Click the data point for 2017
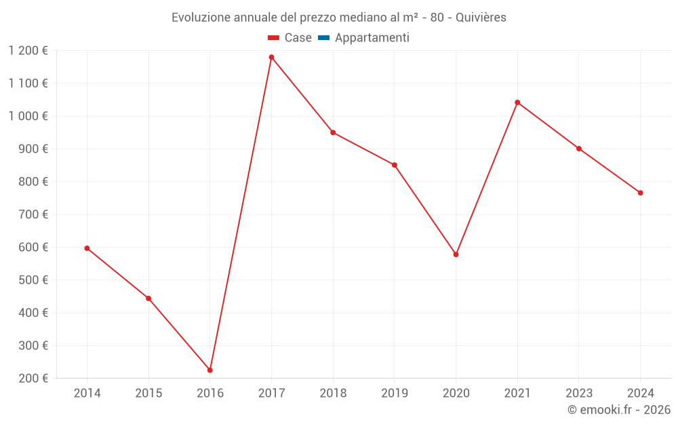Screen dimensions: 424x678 click(x=271, y=57)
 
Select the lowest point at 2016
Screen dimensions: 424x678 click(x=210, y=370)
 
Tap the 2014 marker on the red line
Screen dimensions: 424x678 click(x=87, y=248)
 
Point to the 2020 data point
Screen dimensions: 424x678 click(x=456, y=254)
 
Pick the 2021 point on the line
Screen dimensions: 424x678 click(x=517, y=102)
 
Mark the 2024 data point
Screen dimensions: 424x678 click(x=640, y=193)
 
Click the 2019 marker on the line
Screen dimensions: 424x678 click(x=395, y=165)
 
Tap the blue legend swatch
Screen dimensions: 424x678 click(x=323, y=38)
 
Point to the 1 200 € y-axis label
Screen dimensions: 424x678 click(x=28, y=50)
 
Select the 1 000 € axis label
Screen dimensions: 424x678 click(x=28, y=116)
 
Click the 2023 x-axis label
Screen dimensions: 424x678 click(x=579, y=393)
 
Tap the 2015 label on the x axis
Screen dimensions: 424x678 click(x=148, y=393)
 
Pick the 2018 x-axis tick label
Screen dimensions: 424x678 click(x=333, y=393)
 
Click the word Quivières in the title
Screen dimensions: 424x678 click(x=481, y=18)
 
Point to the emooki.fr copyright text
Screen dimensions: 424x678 click(x=619, y=410)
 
